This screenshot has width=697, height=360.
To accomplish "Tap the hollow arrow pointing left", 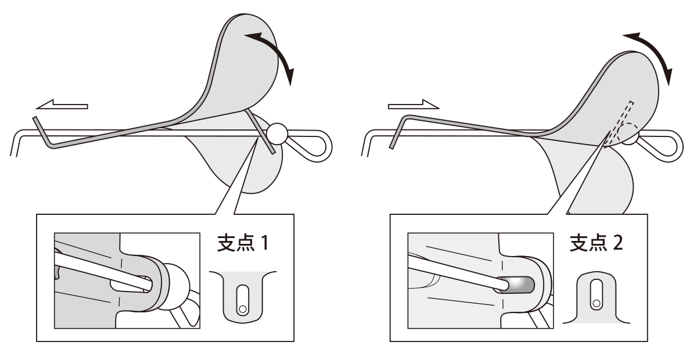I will (61, 106).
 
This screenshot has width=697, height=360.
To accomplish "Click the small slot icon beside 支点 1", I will (242, 296).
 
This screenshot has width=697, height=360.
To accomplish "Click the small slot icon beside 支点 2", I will (595, 296).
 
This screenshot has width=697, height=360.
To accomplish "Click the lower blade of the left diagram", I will (256, 168).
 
